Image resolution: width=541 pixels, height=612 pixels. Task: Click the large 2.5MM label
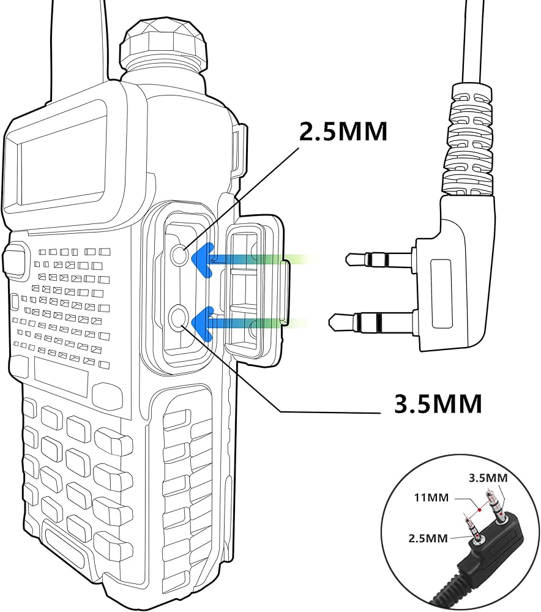(343, 131)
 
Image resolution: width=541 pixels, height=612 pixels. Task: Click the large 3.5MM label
(438, 403)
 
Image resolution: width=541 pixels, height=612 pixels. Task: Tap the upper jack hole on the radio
(180, 255)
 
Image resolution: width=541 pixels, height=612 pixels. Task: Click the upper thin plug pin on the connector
(379, 258)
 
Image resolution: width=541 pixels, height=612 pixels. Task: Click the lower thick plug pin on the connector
(371, 321)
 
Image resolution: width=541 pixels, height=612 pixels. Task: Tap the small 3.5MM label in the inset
(488, 478)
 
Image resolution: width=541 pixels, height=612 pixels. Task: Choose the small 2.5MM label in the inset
(428, 538)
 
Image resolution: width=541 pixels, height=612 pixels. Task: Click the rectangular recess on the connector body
(443, 293)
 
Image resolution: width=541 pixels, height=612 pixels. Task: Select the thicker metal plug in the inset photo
(494, 507)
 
